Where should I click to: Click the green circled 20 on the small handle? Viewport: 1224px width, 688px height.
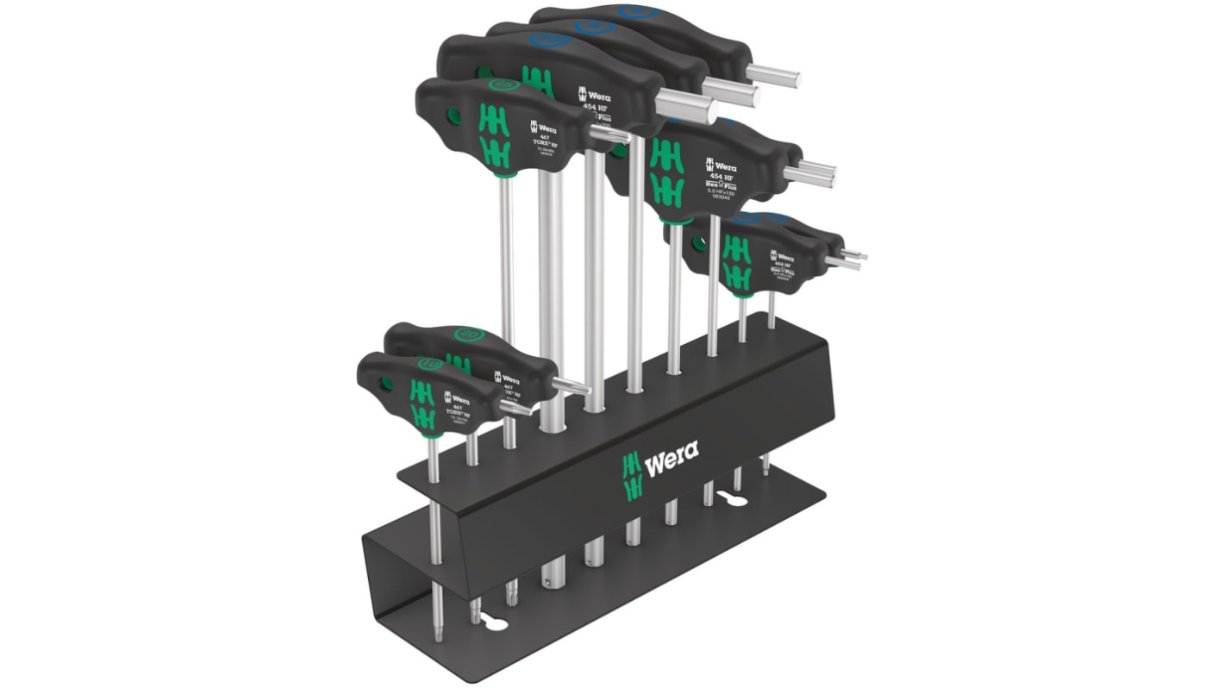point(469,334)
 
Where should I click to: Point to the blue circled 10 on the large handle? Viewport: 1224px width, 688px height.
point(544,40)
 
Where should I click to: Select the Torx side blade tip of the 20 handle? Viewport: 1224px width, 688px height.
point(571,385)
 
